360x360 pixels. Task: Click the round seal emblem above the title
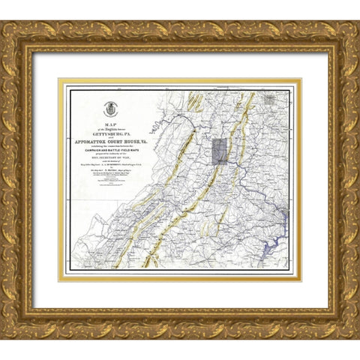(112, 109)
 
